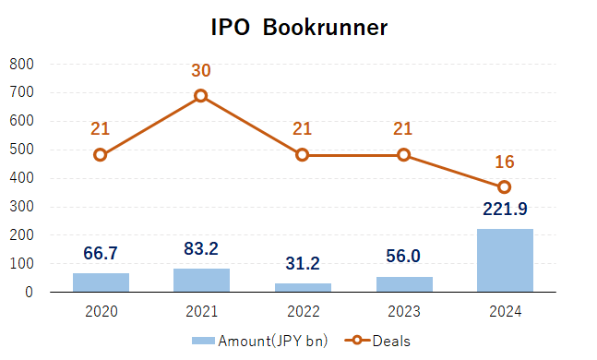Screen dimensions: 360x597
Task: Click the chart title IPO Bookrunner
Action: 298,28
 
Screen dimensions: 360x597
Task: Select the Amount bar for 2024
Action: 505,260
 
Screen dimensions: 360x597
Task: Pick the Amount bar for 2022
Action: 303,287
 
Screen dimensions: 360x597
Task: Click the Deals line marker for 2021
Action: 201,96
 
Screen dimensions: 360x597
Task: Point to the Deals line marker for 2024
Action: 505,187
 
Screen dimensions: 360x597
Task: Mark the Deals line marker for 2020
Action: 101,155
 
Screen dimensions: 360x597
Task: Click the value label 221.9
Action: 505,210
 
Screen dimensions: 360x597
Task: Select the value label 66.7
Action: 101,253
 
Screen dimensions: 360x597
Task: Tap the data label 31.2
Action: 303,263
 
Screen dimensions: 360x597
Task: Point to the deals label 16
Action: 505,162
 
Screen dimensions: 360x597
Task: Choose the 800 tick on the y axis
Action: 21,64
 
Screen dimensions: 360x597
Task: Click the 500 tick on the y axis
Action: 21,150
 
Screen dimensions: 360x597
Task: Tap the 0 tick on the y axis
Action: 30,293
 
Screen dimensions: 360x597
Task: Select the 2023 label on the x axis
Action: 404,311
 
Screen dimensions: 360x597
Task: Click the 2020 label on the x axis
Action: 101,311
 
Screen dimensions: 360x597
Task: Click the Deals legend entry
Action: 378,341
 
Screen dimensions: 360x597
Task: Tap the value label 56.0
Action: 404,257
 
